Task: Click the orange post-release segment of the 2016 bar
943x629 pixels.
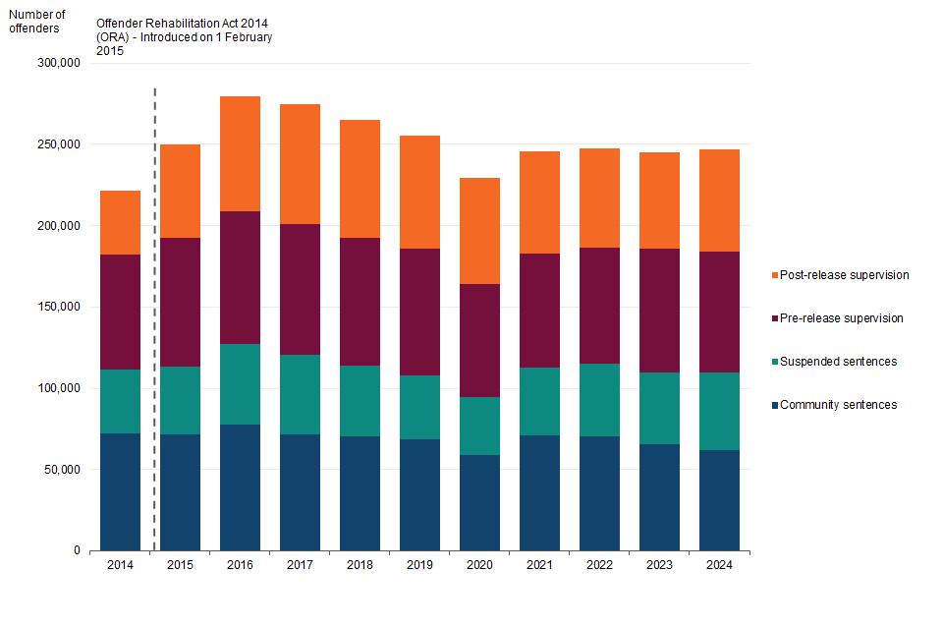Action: pos(240,153)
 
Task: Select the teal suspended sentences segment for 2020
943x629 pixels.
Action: pos(479,426)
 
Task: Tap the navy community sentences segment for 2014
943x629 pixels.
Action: pos(120,491)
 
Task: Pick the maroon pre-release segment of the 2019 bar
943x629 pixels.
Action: pos(419,312)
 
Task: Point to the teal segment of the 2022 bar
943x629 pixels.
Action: pos(599,400)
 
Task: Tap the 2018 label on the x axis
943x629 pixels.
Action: pos(360,565)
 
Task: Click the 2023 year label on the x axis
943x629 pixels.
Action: pos(659,565)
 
